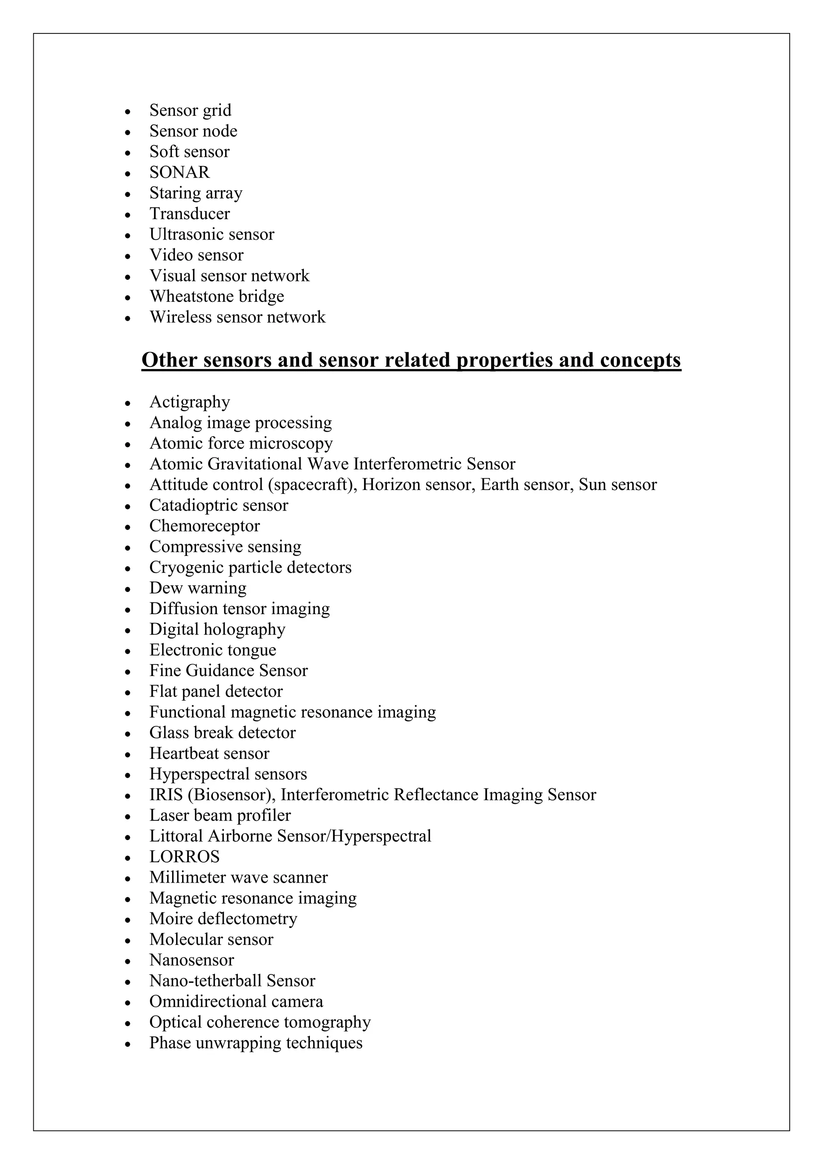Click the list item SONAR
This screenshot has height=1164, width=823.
(x=179, y=172)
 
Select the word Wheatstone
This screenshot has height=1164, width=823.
(x=192, y=296)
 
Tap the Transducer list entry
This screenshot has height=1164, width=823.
(x=190, y=213)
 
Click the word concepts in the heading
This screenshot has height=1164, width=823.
(x=641, y=360)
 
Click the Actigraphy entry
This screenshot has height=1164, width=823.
(x=190, y=402)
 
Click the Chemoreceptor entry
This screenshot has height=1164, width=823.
(x=204, y=526)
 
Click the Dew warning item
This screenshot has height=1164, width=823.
(x=198, y=588)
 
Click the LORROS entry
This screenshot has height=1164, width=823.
(x=184, y=857)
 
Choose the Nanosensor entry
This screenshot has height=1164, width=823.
(x=192, y=960)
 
